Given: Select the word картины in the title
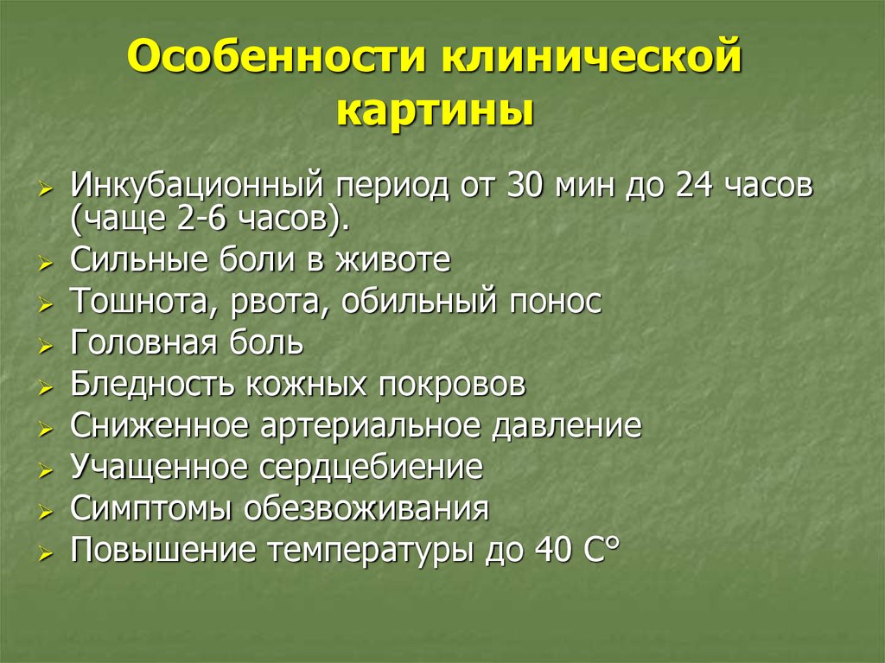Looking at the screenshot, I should pyautogui.click(x=434, y=112).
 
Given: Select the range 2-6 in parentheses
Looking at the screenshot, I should pyautogui.click(x=207, y=219).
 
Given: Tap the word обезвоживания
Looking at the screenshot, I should pyautogui.click(x=366, y=508).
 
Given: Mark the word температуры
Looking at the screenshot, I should pyautogui.click(x=371, y=550).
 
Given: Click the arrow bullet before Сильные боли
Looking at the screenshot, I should pyautogui.click(x=46, y=264).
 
